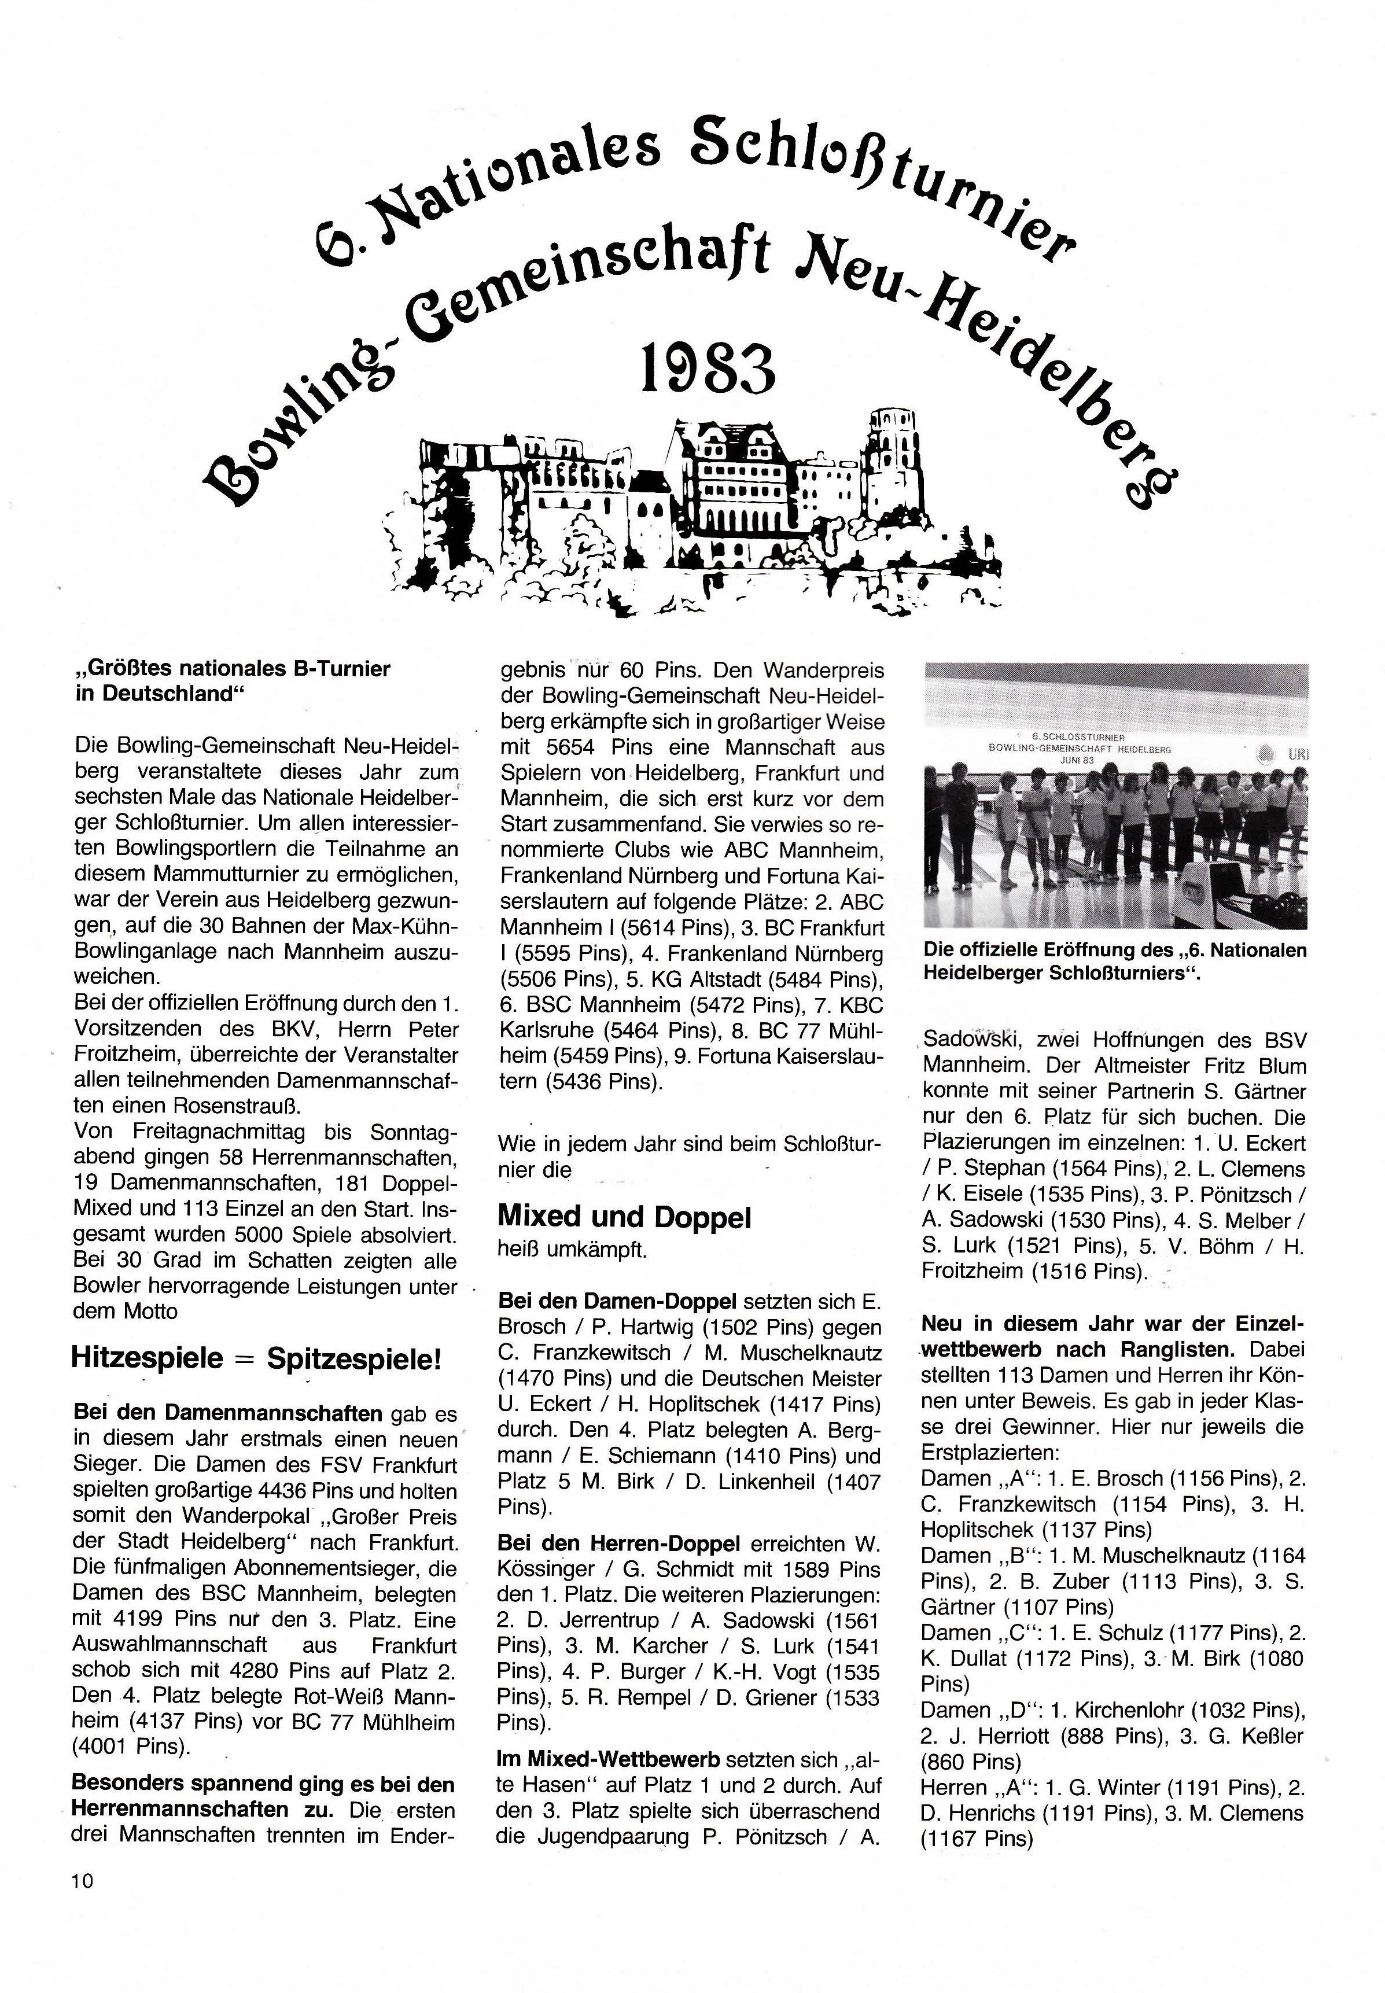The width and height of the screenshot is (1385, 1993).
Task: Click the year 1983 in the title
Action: coord(706,369)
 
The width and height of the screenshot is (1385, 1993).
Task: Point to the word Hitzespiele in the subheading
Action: coord(148,1360)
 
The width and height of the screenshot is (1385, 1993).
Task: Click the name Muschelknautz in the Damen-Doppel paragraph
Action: coord(816,1353)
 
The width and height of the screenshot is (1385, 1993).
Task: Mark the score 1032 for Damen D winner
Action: coord(1217,1710)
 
